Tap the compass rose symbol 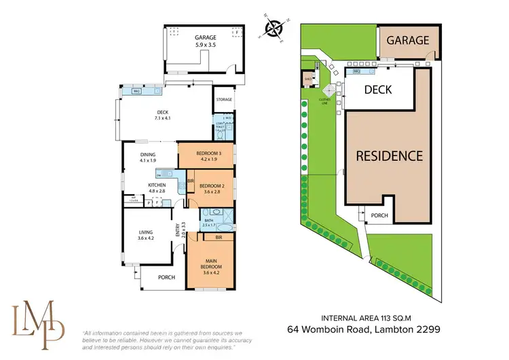tap(274, 29)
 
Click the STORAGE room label tap(224, 100)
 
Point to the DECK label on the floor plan tap(162, 113)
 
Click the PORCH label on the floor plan tap(166, 276)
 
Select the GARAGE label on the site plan tap(408, 40)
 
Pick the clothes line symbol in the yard tap(328, 90)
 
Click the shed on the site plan tap(309, 78)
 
